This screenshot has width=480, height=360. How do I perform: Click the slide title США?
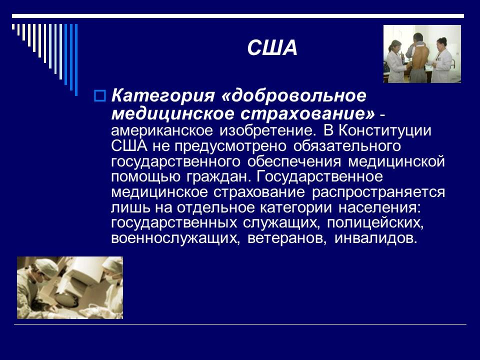click(x=272, y=48)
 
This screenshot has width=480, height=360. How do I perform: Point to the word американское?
click(x=161, y=131)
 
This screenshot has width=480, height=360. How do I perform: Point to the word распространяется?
click(x=378, y=193)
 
